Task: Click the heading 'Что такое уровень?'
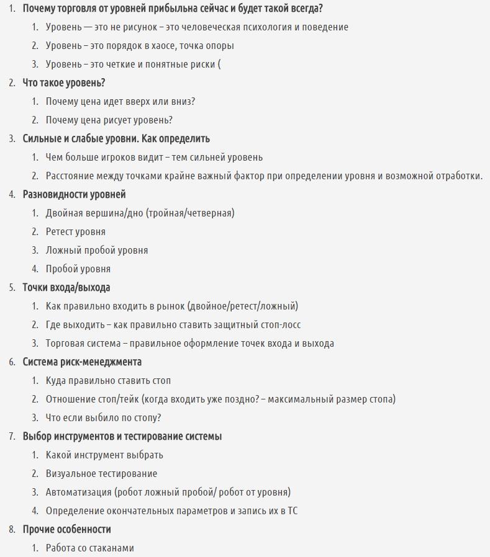[64, 82]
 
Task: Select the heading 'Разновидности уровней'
[74, 194]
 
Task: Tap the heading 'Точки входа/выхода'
[66, 287]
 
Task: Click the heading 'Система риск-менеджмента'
[82, 362]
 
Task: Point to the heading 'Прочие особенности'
[67, 529]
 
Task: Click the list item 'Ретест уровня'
[76, 231]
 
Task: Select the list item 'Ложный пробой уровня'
[97, 250]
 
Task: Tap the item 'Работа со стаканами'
[90, 548]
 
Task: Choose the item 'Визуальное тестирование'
[101, 473]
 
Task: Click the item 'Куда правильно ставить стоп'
[108, 380]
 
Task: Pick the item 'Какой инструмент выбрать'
[104, 455]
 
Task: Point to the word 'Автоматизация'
[78, 492]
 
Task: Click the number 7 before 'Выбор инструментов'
[12, 436]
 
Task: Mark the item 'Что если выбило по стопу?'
[103, 417]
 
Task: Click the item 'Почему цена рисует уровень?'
[109, 120]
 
